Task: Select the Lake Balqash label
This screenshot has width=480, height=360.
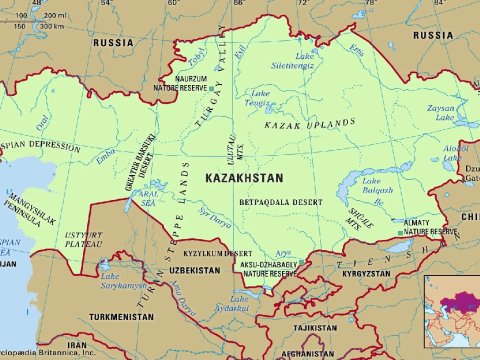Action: pyautogui.click(x=363, y=189)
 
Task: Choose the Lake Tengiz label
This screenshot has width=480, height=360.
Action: pyautogui.click(x=263, y=98)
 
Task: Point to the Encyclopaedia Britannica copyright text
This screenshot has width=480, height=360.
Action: pyautogui.click(x=47, y=353)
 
